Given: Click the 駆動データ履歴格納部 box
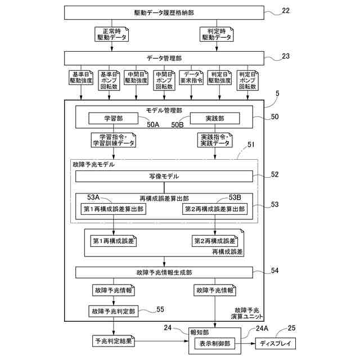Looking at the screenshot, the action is point(164,12).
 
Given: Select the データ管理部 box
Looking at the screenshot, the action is point(164,58).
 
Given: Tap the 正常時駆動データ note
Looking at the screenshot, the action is point(111,34).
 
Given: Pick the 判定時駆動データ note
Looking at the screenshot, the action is point(217,34).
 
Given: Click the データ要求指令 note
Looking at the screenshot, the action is point(191,78).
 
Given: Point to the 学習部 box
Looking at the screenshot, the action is point(114,118).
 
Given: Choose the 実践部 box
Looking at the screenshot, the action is point(215,118).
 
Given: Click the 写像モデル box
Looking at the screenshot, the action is point(164,176).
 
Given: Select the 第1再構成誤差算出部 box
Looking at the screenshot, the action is point(114,209).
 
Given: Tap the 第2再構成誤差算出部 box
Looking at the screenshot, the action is point(215,209).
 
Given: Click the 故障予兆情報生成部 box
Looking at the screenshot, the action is point(164,272).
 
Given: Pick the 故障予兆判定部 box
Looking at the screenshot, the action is point(114,311).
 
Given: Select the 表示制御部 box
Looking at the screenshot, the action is point(215,344).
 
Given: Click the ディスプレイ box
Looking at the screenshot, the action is point(275,344).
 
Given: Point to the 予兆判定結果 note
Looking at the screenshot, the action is point(114,341).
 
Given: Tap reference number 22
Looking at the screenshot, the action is point(286,11).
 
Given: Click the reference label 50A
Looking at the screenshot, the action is point(153,124).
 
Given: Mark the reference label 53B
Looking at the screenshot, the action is point(235,197).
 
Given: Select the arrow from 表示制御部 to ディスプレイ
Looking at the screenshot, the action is point(245,344).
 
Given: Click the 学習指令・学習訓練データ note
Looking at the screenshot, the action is point(114,140).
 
